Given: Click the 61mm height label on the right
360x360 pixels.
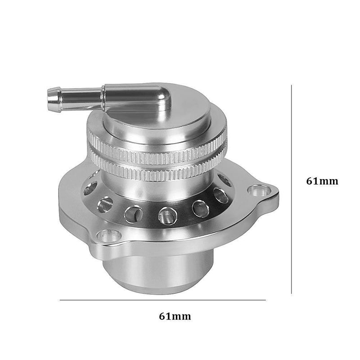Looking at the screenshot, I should click(x=322, y=181).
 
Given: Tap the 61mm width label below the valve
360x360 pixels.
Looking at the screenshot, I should click(x=175, y=316).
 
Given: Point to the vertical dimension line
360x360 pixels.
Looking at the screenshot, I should click(x=292, y=189).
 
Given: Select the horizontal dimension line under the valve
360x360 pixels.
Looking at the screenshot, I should click(x=162, y=300).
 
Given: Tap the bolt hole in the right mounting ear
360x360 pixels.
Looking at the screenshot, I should click(x=258, y=191).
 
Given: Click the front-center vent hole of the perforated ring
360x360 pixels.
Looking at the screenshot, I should click(x=166, y=215).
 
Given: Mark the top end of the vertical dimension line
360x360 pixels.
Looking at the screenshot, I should click(x=292, y=85).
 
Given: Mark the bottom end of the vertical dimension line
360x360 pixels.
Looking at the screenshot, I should click(x=292, y=293).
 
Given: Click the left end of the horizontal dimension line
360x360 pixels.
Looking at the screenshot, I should click(x=60, y=300).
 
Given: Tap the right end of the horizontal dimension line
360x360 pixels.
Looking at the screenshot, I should click(x=265, y=300).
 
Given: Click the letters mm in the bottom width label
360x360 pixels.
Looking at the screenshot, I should click(x=182, y=316).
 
